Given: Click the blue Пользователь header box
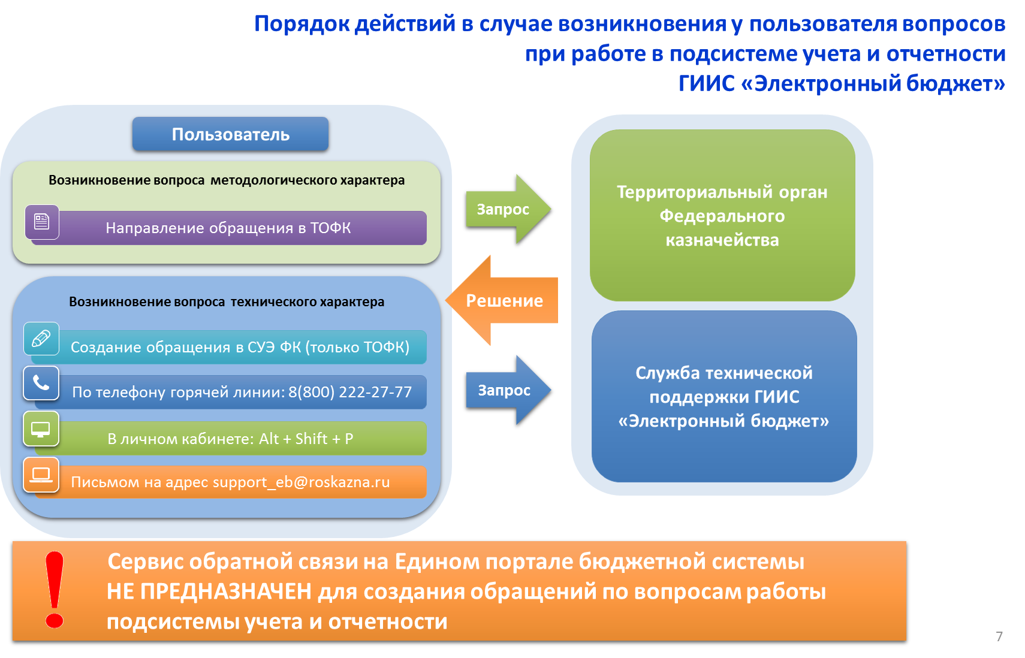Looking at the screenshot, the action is click(x=230, y=134).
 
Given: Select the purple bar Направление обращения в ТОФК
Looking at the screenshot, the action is click(x=228, y=228).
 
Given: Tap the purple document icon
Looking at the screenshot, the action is click(x=42, y=222).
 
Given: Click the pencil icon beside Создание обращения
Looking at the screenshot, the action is click(x=41, y=339).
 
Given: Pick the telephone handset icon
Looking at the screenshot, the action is click(x=41, y=383).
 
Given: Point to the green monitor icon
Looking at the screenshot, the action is click(x=41, y=428).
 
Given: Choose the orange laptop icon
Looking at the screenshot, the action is click(x=41, y=475).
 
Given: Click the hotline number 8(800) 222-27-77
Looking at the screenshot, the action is click(x=350, y=392).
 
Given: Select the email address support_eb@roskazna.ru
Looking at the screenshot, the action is click(x=302, y=482).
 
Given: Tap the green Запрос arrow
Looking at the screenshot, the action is click(x=508, y=209).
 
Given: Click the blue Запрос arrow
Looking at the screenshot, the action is click(x=508, y=390).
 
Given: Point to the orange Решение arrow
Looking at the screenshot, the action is click(x=502, y=300).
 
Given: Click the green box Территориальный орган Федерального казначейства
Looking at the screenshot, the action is click(x=722, y=215).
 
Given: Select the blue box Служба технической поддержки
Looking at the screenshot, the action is click(x=724, y=396).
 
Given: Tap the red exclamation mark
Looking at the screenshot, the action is click(x=55, y=590).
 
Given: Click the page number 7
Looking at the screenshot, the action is click(x=999, y=636).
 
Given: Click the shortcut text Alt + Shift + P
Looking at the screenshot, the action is click(x=306, y=439).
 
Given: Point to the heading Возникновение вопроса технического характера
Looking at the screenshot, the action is click(x=227, y=301).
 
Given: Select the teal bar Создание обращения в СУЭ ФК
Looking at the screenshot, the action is click(x=228, y=347).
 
